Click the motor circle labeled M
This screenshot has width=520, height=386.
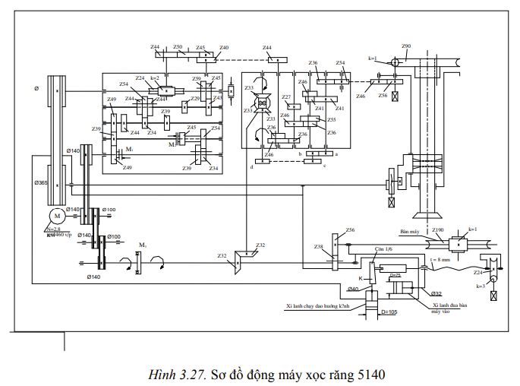pos(56,217)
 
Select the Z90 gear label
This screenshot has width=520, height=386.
pos(406,46)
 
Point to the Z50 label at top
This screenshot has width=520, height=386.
pos(178,46)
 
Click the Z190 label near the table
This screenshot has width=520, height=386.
pos(438,229)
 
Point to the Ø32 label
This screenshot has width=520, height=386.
pos(436,293)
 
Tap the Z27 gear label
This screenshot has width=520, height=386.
pos(286,97)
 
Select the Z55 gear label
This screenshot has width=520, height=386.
pos(331,119)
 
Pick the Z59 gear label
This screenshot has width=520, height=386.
pos(197,79)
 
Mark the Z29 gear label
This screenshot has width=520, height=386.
pos(195,99)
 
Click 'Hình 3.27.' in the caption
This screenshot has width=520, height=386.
pos(171,374)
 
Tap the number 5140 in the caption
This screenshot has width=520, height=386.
pos(371,374)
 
